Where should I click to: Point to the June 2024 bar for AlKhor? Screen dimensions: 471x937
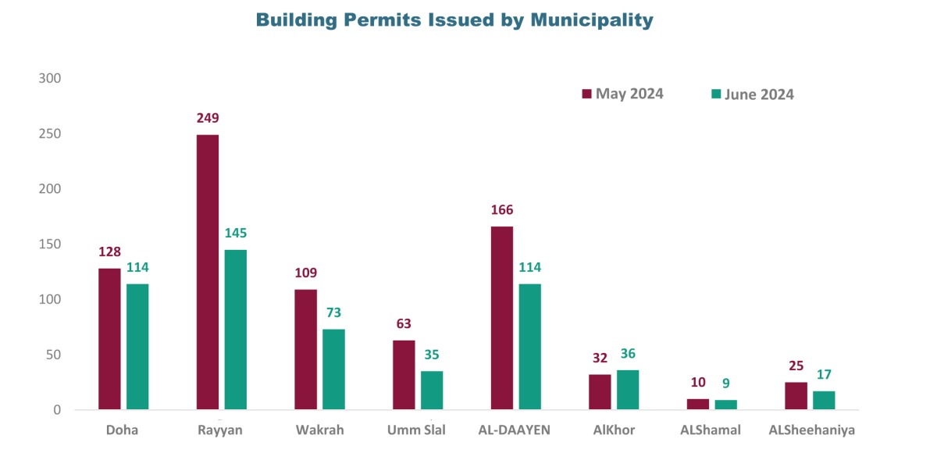point(628,390)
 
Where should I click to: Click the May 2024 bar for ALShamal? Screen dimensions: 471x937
point(698,404)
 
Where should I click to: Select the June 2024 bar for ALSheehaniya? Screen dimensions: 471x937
point(824,400)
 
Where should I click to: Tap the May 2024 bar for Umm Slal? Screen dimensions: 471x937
point(404,374)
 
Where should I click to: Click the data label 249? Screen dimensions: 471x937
point(208,119)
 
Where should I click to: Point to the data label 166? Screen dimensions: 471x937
point(502,210)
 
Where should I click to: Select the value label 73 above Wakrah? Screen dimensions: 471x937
point(333,312)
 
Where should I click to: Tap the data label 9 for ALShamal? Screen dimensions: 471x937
point(726,384)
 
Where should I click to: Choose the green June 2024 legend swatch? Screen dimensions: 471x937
point(715,94)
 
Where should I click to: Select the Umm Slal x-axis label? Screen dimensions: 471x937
point(417,430)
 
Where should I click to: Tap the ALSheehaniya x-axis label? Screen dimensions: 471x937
point(811,430)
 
